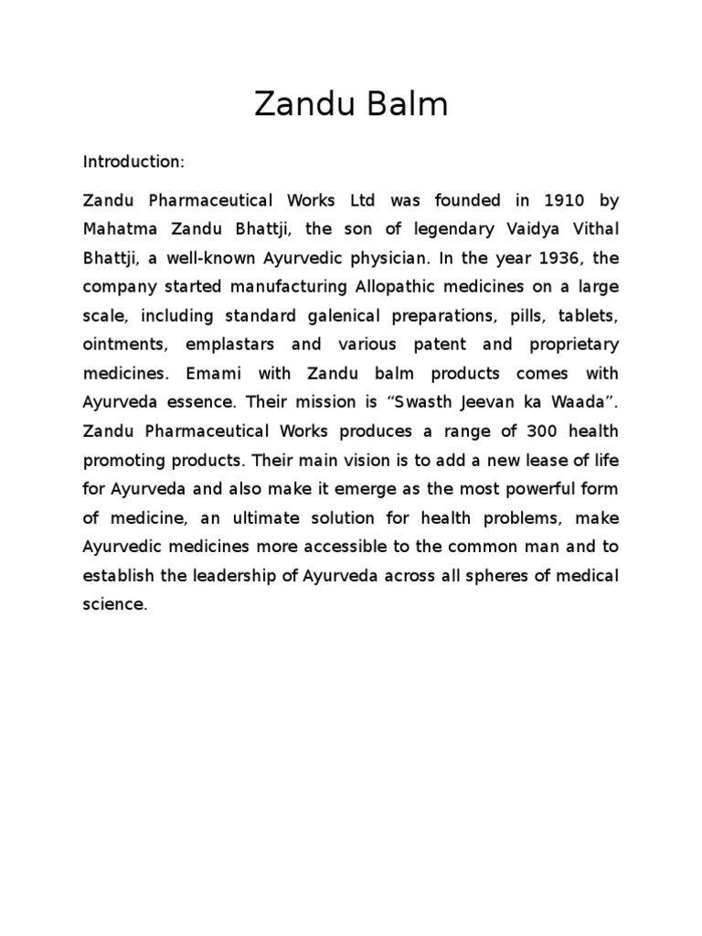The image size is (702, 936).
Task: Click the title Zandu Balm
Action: pyautogui.click(x=351, y=106)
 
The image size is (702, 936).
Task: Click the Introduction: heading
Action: pyautogui.click(x=133, y=162)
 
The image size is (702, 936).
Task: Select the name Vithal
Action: pyautogui.click(x=593, y=229)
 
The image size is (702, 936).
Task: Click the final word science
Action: pyautogui.click(x=114, y=605)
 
